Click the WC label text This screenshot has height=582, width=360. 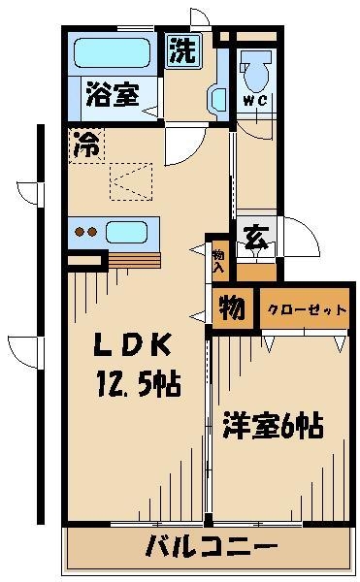255,99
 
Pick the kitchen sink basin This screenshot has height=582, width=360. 126,233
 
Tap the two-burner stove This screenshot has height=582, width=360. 86,233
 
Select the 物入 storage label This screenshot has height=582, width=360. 219,259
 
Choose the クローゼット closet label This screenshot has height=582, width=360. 304,309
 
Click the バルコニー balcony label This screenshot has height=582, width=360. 211,546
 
